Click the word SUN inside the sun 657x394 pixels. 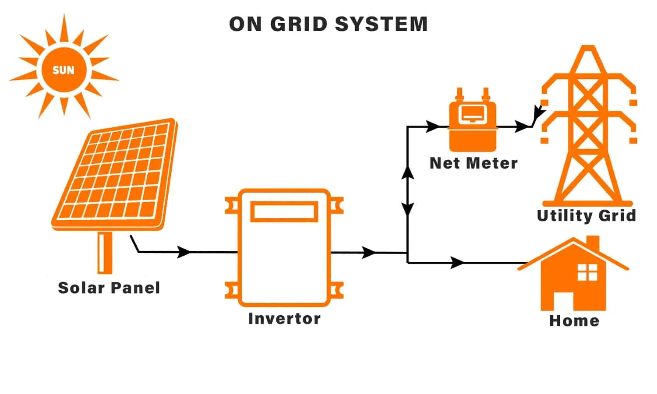pos(64,70)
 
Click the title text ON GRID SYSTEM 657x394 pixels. pos(328,24)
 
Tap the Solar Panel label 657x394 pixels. pos(109,288)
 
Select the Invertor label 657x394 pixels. pos(284,318)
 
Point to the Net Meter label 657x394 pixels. pos(473,163)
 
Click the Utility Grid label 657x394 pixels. pos(586,215)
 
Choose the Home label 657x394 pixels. pos(574,320)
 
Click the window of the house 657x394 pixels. pos(587,272)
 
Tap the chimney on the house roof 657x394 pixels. pos(592,243)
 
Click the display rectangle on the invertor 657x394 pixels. pos(284,211)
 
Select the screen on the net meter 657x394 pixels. pos(473,114)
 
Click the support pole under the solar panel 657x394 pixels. pos(105,253)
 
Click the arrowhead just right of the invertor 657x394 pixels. pos(370,252)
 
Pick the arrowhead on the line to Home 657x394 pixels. pos(458,263)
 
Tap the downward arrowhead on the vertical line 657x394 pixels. pos(408,209)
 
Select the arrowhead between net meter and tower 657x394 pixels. pos(522,127)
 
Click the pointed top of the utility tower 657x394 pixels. pos(588,48)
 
